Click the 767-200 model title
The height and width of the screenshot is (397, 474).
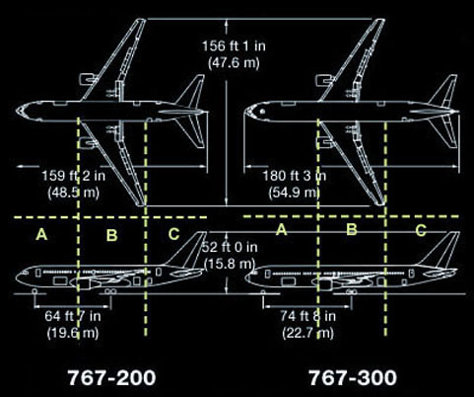point(111,377)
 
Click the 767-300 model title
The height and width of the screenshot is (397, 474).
point(353,377)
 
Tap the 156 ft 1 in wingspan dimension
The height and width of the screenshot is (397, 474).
point(234,46)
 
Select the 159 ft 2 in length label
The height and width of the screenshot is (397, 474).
point(74,176)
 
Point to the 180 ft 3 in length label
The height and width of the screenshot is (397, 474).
point(295,176)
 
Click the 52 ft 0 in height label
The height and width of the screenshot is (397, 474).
point(230,247)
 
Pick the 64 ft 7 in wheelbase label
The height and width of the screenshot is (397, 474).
point(73,316)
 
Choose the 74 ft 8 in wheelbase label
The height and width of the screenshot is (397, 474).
point(307,316)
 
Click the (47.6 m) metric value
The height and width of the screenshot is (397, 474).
point(234,62)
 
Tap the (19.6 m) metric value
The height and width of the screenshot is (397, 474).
point(73,333)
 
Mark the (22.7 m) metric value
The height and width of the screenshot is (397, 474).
point(307,333)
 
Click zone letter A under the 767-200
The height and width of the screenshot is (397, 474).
point(41,235)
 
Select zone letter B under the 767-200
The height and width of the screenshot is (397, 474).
point(111,235)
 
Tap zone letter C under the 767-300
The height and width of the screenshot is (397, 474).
point(421,230)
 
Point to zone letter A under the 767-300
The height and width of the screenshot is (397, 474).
point(281,229)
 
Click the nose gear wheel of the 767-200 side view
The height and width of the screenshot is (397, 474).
point(34,291)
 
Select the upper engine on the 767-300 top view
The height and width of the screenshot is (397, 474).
point(323,80)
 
